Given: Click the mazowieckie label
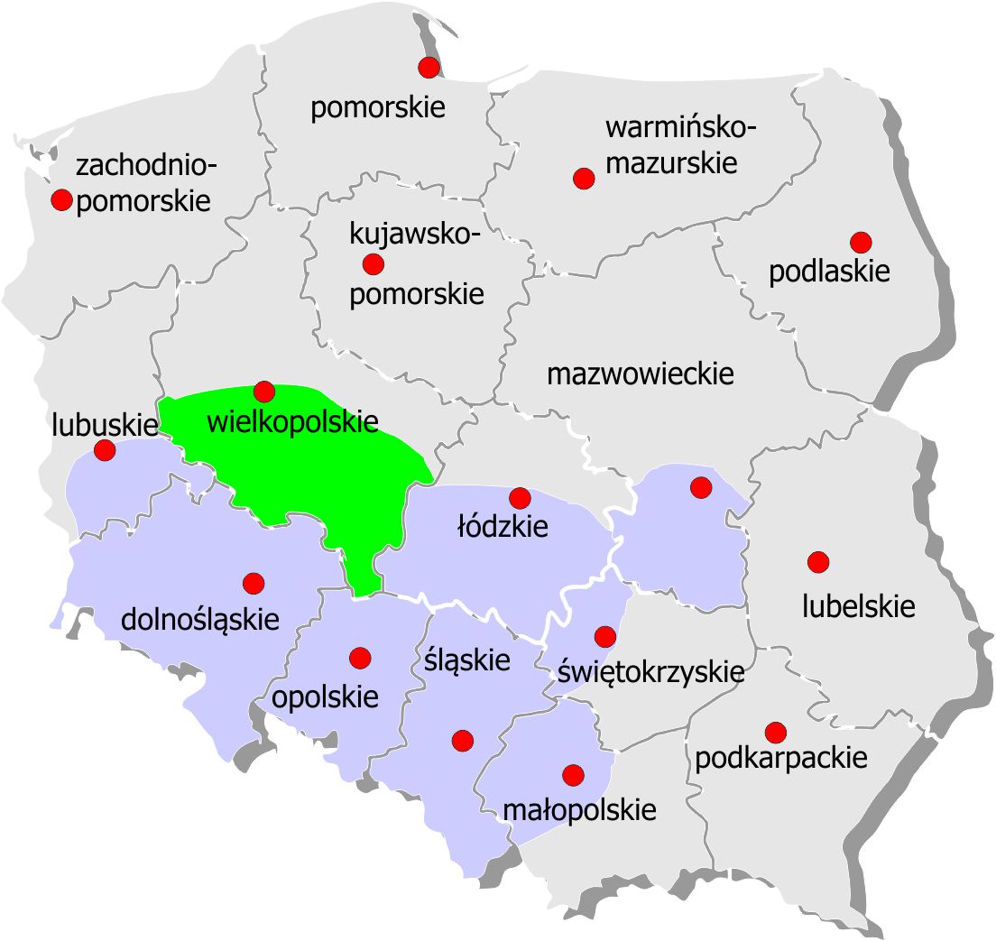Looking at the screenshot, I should pos(641,374).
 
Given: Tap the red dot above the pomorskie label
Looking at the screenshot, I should pos(429,67).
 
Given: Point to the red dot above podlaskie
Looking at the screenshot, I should pos(861,242).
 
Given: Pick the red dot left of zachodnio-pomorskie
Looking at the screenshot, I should pos(61,199).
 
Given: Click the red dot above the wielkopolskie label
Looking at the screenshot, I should pos(263,391).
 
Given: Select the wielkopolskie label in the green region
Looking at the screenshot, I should pos(292,421).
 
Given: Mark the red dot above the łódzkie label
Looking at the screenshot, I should pos(520,497).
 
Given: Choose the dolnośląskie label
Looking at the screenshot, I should pos(200,619).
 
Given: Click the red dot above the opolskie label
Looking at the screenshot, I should pos(360,658).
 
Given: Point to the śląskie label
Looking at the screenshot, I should pos(466,660).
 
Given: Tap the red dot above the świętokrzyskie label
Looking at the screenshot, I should pos(605,636).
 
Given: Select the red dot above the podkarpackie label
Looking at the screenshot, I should pos(775,731).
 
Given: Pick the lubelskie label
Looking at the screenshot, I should pos(859,606).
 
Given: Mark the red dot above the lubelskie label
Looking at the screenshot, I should pos(818,562).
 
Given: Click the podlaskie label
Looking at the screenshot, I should pos(829,272).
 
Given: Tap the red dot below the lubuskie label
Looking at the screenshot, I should pos(105,449).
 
